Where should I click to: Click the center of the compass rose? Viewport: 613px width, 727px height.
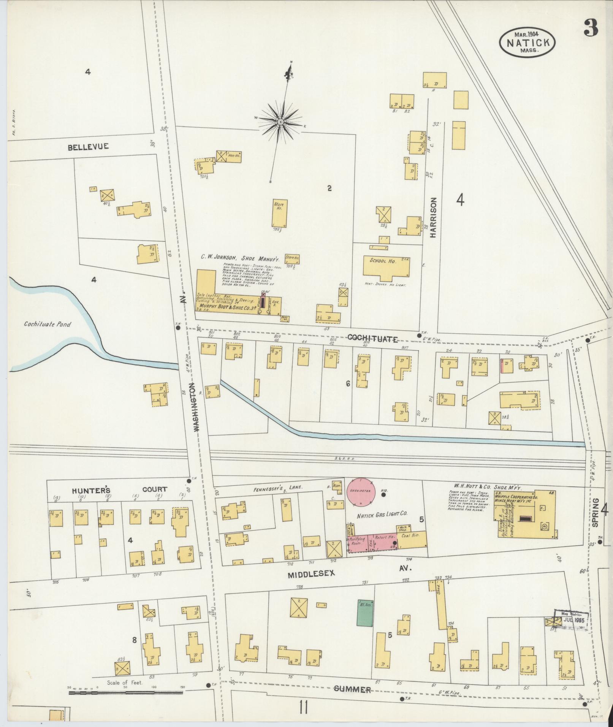[x=280, y=122]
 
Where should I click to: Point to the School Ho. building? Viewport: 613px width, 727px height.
[x=386, y=266]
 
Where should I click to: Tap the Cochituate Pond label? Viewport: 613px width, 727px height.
[x=48, y=325]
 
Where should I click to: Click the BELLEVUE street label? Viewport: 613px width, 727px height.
[x=89, y=146]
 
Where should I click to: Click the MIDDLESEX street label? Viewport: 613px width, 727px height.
[x=311, y=584]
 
